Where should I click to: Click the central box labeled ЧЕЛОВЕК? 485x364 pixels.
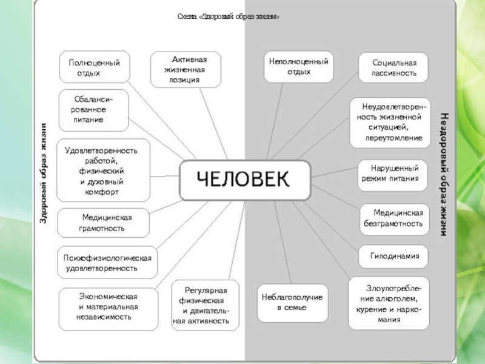tap(246, 180)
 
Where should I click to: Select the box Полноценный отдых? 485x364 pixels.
tap(94, 67)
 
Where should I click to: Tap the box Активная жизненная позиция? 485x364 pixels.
tap(186, 69)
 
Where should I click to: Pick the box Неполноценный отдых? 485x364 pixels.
tap(298, 67)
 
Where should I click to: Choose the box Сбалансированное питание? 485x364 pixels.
tap(93, 110)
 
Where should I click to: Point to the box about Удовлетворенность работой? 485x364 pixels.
tap(103, 170)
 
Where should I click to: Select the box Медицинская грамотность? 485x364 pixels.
tap(102, 223)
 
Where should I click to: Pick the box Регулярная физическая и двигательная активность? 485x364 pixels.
tap(205, 305)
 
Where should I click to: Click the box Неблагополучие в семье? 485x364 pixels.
tap(292, 302)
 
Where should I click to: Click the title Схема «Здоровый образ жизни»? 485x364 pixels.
tap(229, 16)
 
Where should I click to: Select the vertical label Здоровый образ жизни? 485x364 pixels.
tap(43, 173)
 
